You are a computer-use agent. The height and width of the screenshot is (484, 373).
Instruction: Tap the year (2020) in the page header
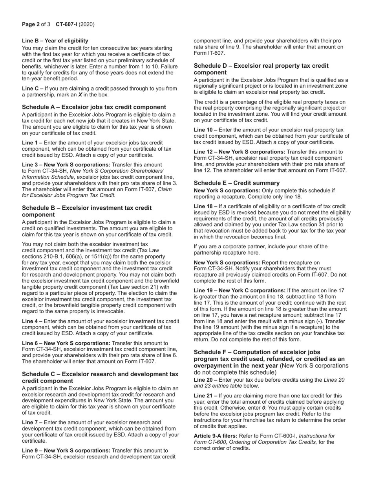(x=86, y=24)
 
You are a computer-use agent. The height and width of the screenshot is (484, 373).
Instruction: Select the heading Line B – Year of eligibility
(x=55, y=41)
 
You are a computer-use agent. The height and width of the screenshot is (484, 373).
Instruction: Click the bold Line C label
(x=32, y=89)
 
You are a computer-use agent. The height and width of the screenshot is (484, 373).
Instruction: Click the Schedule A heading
(x=94, y=107)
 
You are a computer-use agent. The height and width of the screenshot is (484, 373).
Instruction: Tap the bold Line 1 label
(x=32, y=143)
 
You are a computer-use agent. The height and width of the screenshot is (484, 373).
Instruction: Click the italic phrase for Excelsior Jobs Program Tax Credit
(x=69, y=195)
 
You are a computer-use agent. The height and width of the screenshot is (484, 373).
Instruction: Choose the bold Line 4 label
(x=32, y=321)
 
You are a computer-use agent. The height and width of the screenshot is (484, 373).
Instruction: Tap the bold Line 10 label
(x=205, y=130)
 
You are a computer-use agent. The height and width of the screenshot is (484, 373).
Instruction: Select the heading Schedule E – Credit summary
(x=236, y=183)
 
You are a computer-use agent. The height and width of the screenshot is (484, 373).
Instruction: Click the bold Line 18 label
(x=205, y=206)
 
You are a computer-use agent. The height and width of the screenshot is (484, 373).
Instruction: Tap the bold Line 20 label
(x=205, y=380)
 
